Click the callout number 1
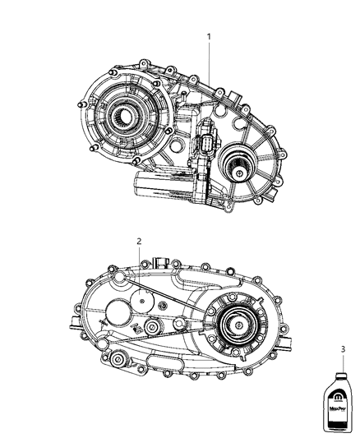tap(209, 37)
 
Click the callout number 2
tap(140, 242)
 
